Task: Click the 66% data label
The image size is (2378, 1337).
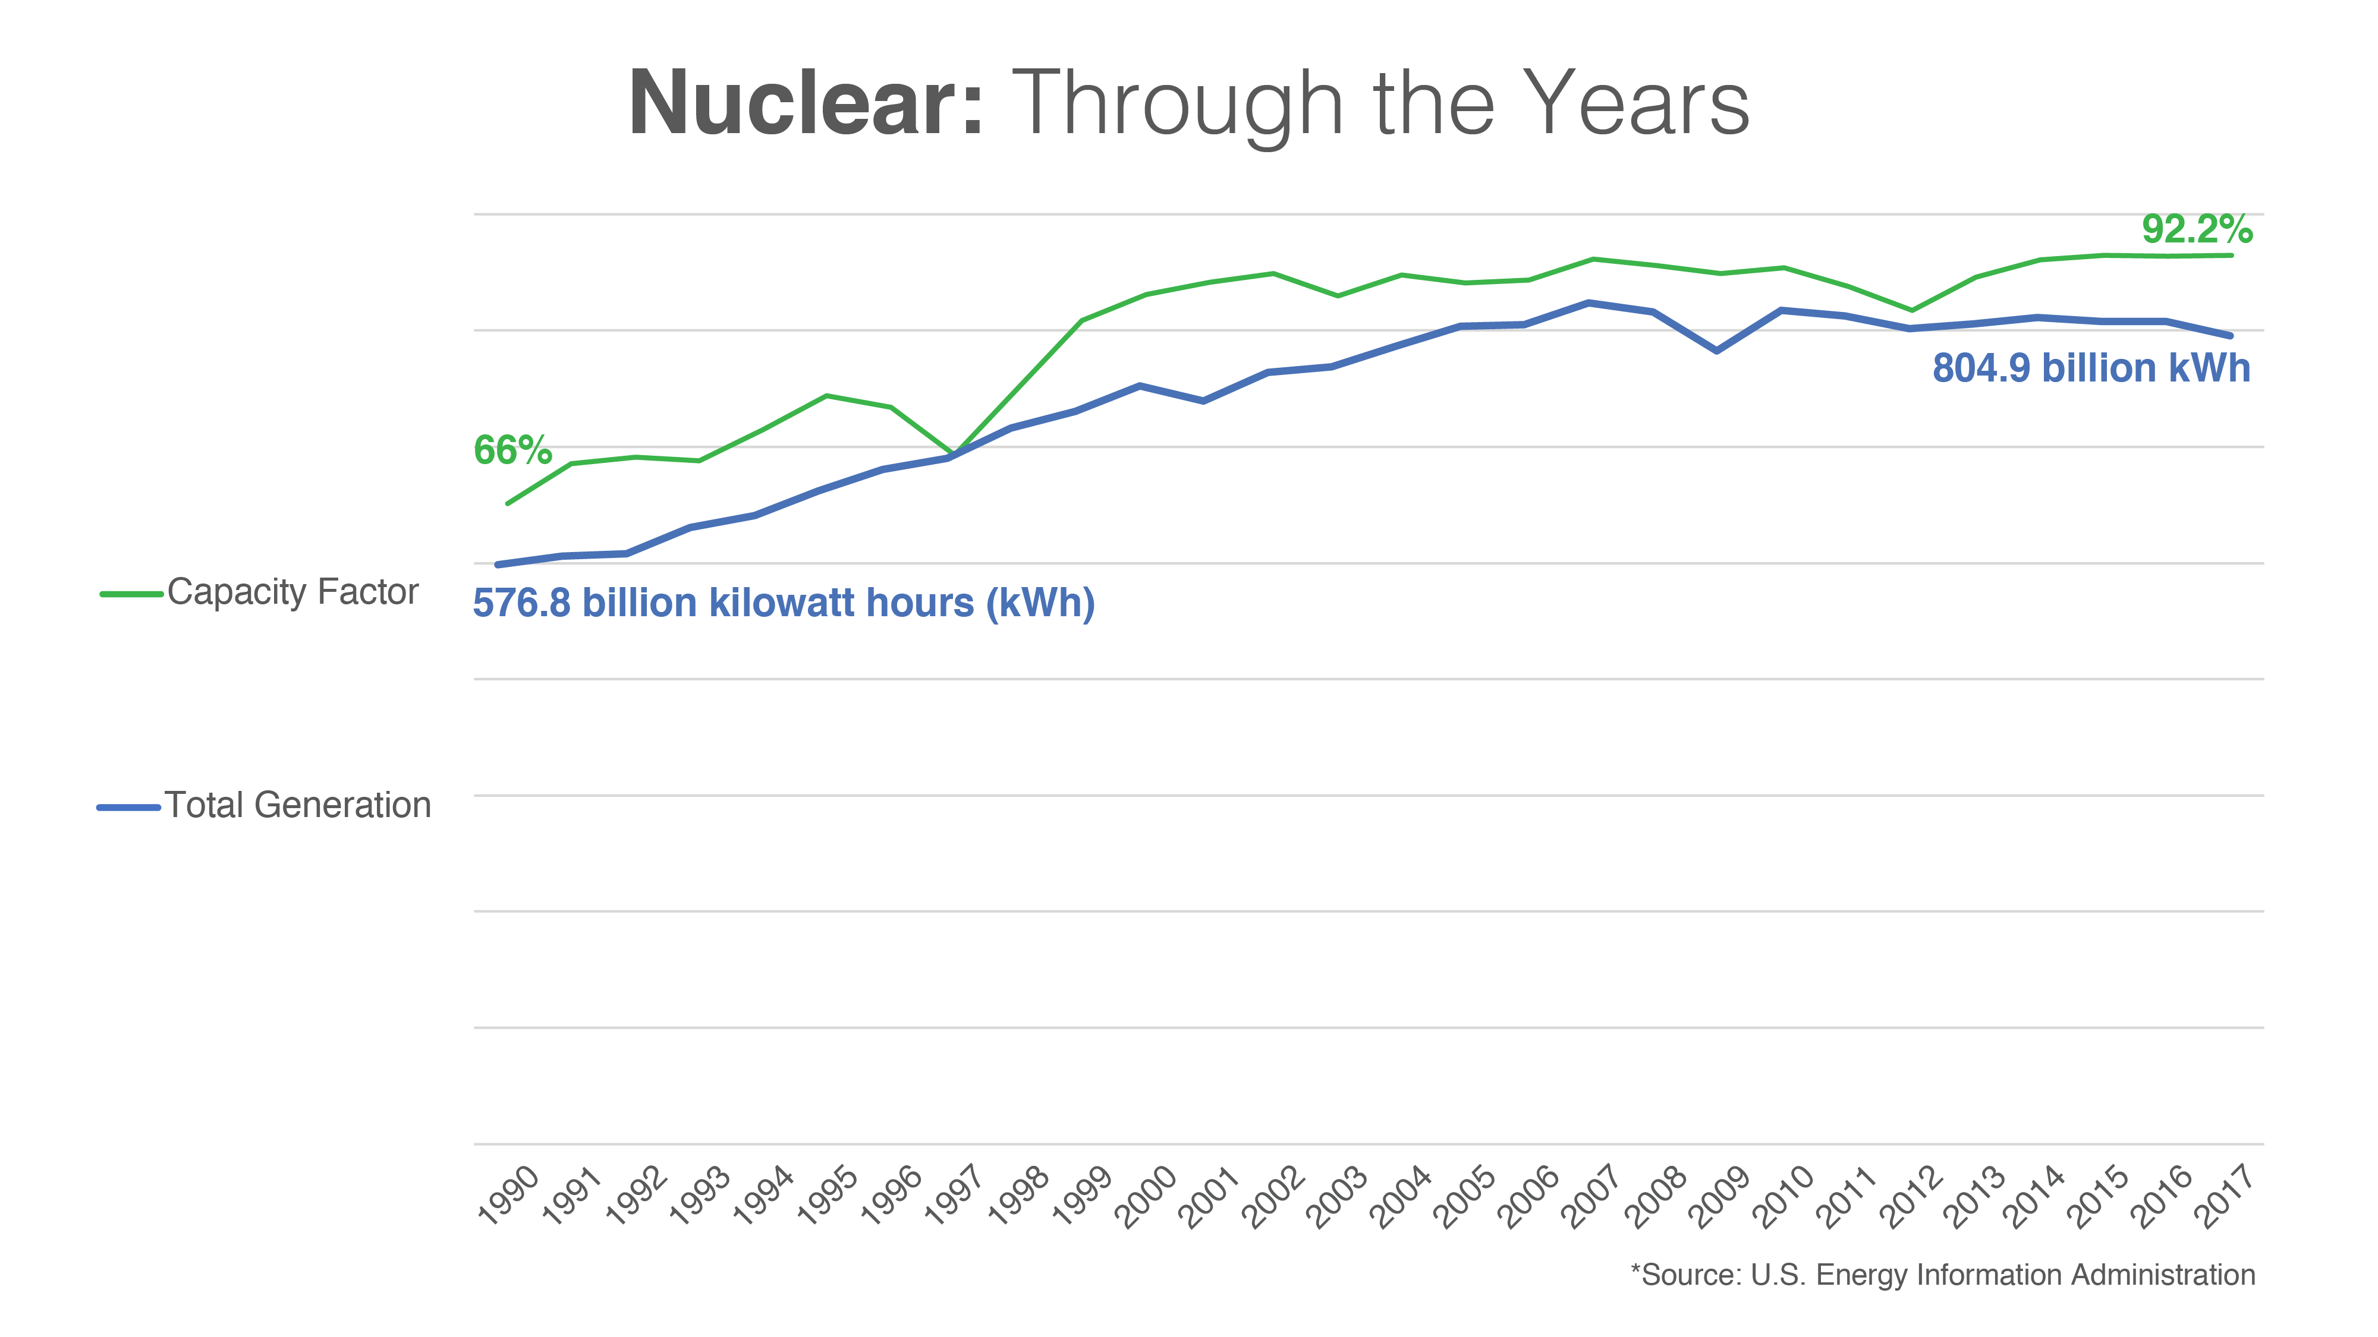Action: tap(512, 450)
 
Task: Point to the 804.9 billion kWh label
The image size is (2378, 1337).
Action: tap(2091, 368)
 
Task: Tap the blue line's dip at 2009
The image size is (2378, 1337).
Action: tap(1717, 351)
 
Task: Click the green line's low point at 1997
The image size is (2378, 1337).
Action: tap(952, 454)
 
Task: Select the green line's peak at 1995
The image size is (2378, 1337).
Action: tap(826, 396)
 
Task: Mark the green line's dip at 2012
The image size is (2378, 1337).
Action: tap(1911, 310)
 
